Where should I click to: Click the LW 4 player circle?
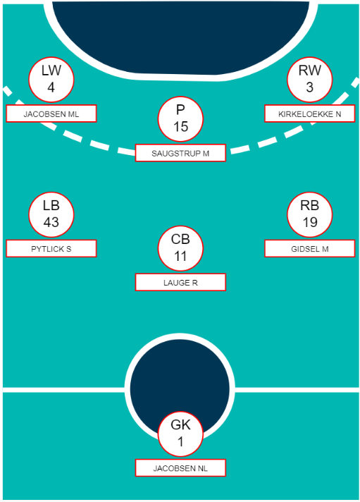[x=51, y=80]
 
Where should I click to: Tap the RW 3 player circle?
[x=309, y=80]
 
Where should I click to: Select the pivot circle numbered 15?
[x=180, y=118]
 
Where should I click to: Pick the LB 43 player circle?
[x=51, y=214]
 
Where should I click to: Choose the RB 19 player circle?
[x=309, y=214]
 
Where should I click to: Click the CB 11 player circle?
[x=180, y=248]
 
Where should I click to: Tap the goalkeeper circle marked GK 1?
[x=180, y=434]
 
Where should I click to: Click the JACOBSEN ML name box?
[x=51, y=114]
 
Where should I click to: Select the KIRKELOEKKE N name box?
[x=309, y=114]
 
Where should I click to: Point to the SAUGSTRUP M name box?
[x=180, y=153]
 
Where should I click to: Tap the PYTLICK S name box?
[x=51, y=248]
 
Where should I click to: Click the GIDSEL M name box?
[x=309, y=248]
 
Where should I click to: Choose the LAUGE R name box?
[x=180, y=282]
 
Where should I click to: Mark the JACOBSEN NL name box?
[x=180, y=468]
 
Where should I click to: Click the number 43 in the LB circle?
[x=51, y=222]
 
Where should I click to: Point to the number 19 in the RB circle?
[x=310, y=222]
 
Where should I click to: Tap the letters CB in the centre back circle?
[x=180, y=239]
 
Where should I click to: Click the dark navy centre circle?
[x=180, y=381]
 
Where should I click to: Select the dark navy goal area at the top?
[x=181, y=35]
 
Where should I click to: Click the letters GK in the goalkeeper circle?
[x=180, y=425]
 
